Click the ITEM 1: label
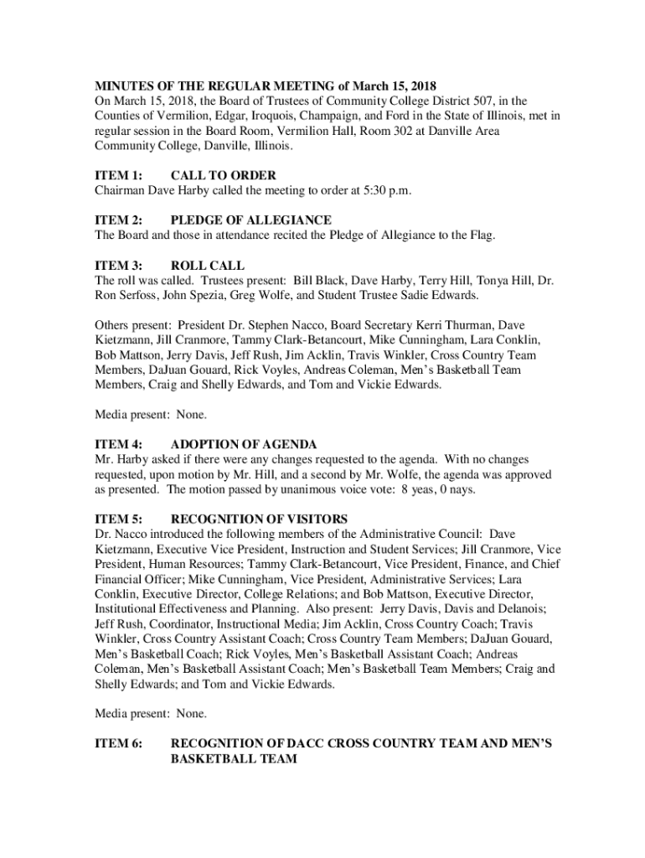pos(118,175)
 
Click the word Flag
pos(478,235)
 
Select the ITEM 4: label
pos(118,444)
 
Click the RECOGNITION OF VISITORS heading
pos(259,519)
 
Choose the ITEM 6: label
pos(118,744)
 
